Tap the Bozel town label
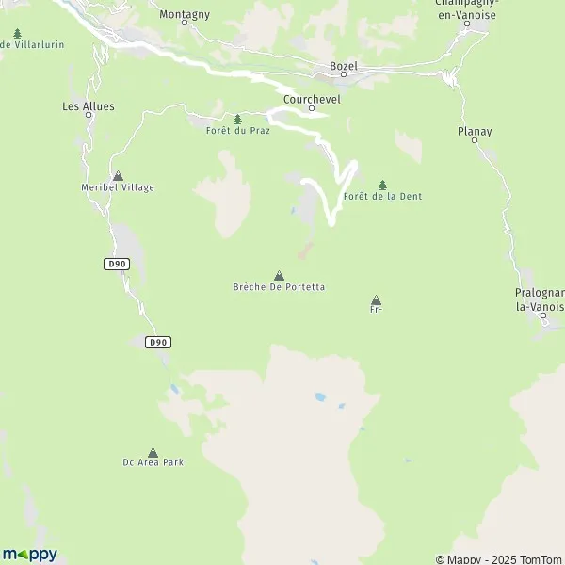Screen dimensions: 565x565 343,65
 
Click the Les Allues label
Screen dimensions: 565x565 89,106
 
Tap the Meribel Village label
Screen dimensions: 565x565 118,187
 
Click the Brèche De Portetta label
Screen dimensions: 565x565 279,286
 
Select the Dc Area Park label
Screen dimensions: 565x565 153,462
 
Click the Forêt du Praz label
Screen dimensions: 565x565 237,130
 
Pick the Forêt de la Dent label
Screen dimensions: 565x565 382,196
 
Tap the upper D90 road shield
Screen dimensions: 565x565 116,265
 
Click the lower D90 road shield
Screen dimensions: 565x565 158,343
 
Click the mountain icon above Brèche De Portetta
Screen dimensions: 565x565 279,275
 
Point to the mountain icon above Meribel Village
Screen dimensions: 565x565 118,176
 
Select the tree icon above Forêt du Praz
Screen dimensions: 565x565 237,119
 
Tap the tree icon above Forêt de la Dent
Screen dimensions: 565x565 382,185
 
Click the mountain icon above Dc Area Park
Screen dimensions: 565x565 153,452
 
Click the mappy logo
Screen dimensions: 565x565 30,554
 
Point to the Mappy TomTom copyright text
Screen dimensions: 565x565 498,558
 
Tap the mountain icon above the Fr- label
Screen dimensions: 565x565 377,299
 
